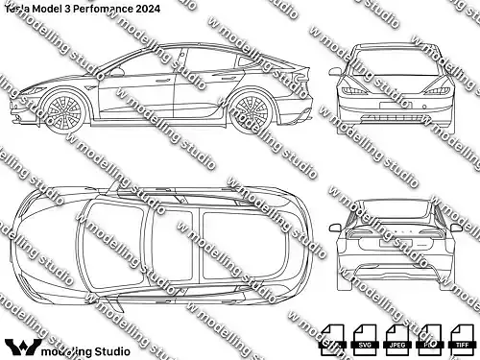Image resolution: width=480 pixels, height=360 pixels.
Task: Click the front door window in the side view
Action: (144, 65)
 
